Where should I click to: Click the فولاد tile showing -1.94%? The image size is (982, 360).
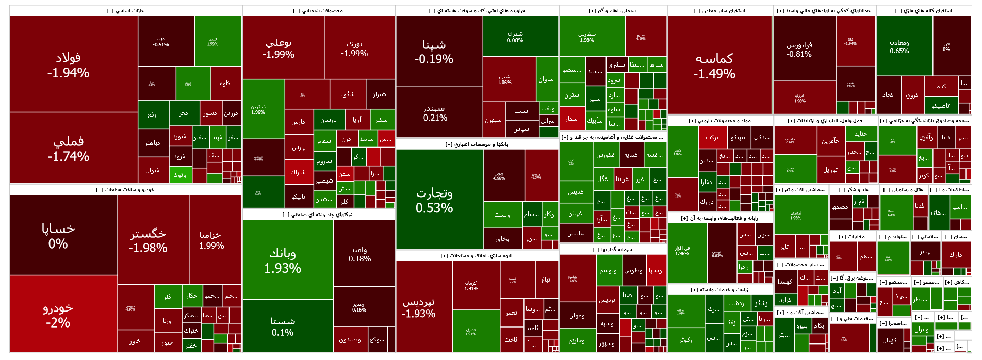click(x=68, y=64)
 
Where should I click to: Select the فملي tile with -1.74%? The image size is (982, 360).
click(x=68, y=148)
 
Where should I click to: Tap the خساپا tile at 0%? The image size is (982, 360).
click(x=58, y=235)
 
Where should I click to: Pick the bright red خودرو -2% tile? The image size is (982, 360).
click(x=58, y=315)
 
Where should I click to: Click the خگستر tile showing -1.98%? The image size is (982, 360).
click(x=148, y=240)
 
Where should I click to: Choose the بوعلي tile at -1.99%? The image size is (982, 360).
click(x=278, y=48)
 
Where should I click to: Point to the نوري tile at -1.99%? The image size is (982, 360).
click(x=354, y=48)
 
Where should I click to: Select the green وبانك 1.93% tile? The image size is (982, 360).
click(x=282, y=260)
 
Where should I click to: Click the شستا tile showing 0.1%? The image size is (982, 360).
click(x=282, y=326)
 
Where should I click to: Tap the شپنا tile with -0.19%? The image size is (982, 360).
click(x=434, y=52)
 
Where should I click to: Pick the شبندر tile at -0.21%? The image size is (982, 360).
click(x=434, y=113)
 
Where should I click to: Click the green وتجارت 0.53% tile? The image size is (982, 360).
click(x=434, y=200)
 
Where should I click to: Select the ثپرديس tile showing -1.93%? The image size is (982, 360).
click(x=418, y=307)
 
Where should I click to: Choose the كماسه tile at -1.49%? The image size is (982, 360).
click(x=714, y=66)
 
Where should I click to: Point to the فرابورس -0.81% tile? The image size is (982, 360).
click(x=799, y=49)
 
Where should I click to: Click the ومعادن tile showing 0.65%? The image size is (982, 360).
click(x=899, y=46)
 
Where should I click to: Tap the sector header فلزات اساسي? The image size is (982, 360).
click(x=125, y=11)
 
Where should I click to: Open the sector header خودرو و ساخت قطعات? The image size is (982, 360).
click(x=125, y=190)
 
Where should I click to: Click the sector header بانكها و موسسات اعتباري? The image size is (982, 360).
click(x=477, y=144)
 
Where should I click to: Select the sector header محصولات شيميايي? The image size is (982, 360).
click(x=318, y=11)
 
